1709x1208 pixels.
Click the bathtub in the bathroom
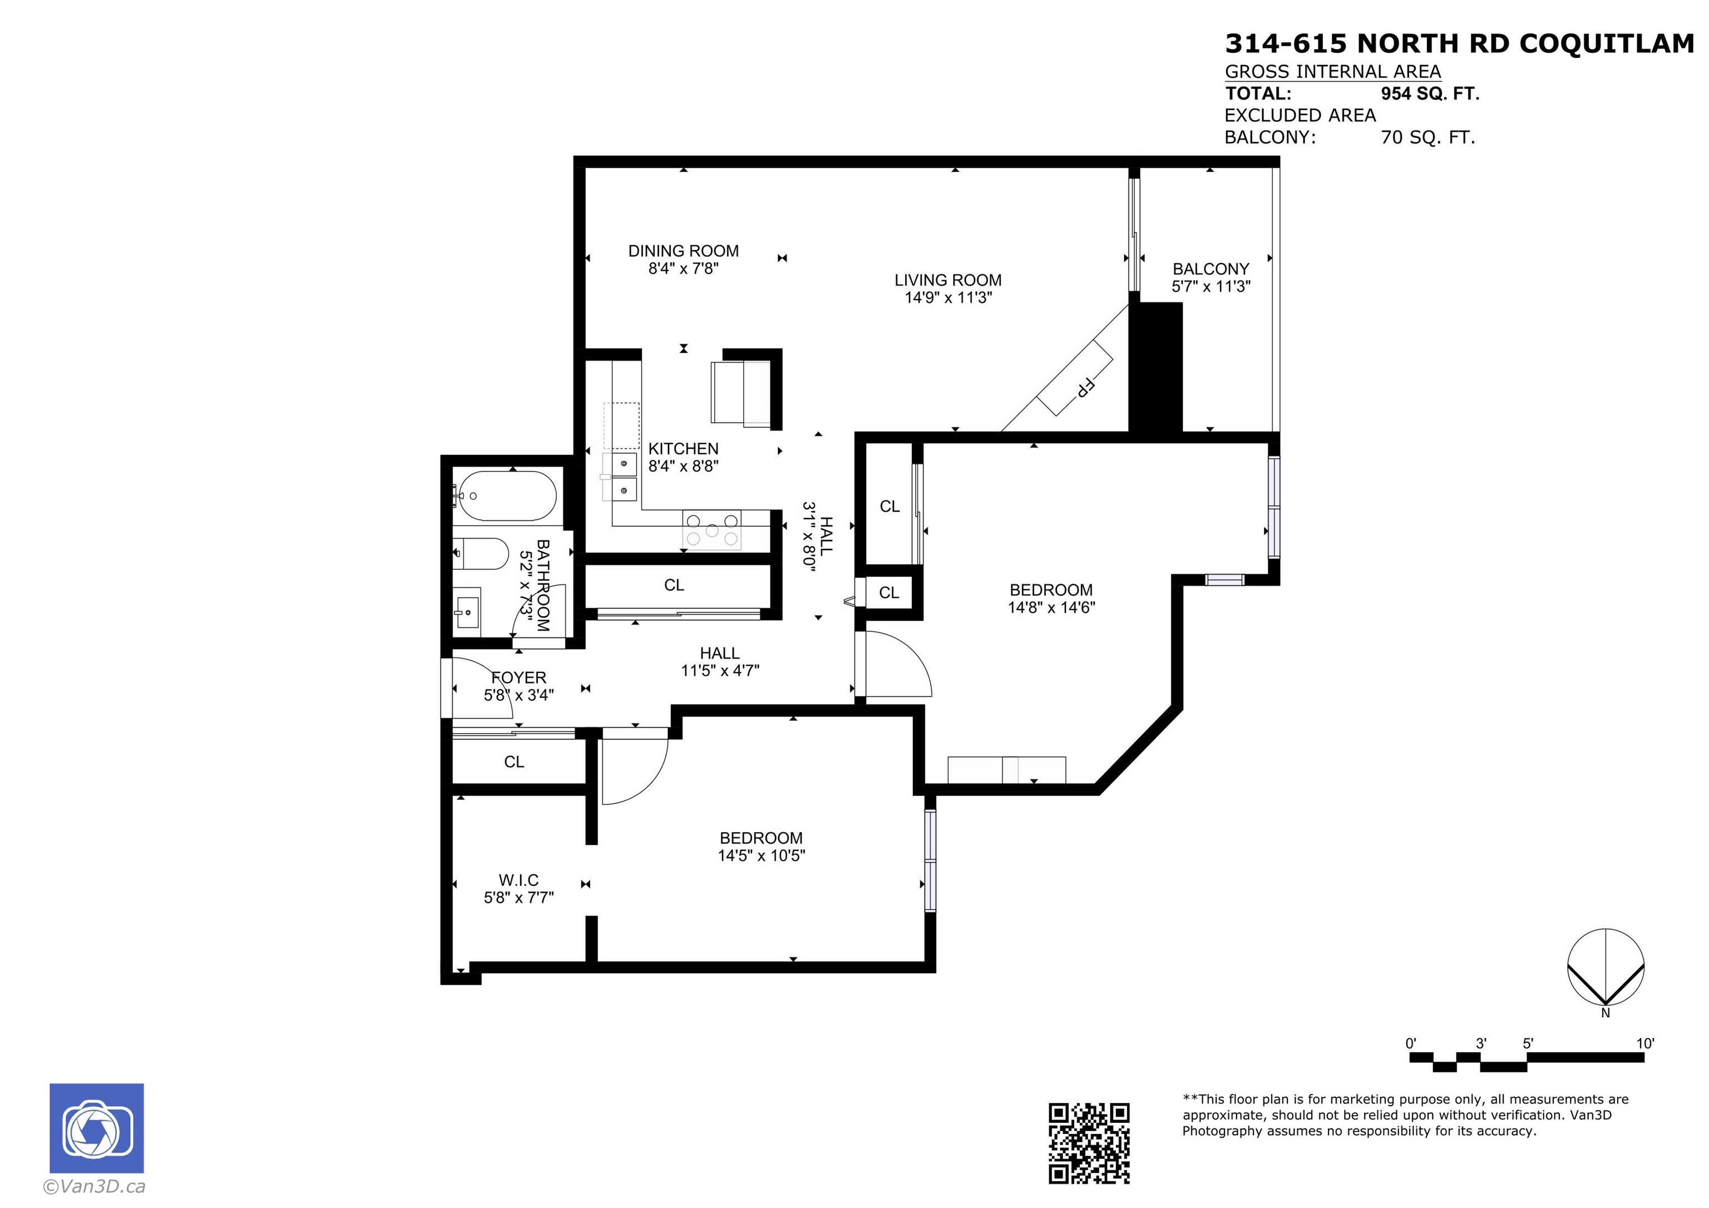pyautogui.click(x=506, y=496)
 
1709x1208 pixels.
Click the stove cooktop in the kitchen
pyautogui.click(x=712, y=530)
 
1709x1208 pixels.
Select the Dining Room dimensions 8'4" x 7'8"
pyautogui.click(x=683, y=269)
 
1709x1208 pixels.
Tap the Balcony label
pyautogui.click(x=1211, y=269)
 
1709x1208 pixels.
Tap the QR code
pyautogui.click(x=1089, y=1142)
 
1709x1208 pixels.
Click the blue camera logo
pyautogui.click(x=97, y=1127)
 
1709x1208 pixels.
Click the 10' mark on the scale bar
pyautogui.click(x=1645, y=1043)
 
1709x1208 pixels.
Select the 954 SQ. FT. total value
pyautogui.click(x=1430, y=94)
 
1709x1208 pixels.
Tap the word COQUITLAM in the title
pyautogui.click(x=1606, y=44)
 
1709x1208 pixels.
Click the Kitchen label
pyautogui.click(x=683, y=449)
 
